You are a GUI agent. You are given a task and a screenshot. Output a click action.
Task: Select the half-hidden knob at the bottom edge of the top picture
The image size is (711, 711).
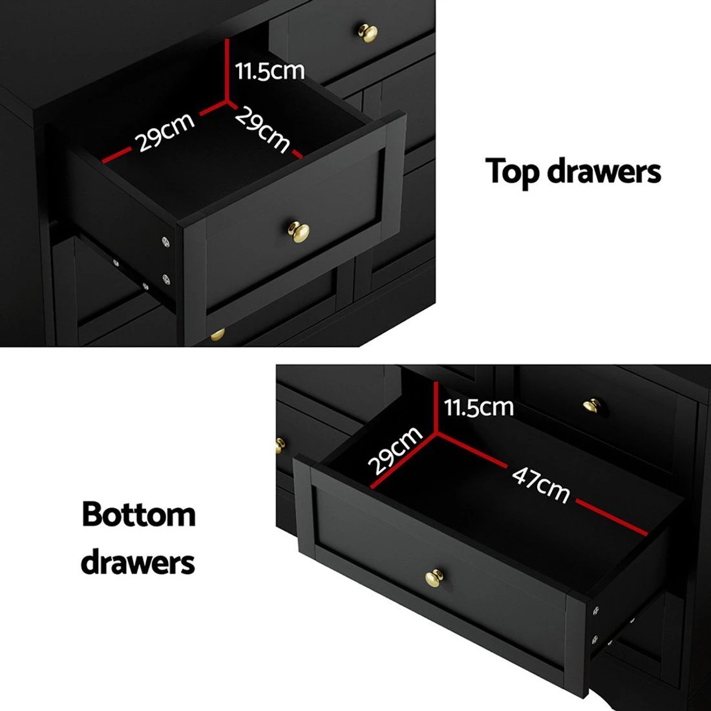[x=217, y=334]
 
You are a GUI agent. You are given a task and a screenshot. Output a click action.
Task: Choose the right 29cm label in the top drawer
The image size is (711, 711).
[x=262, y=130]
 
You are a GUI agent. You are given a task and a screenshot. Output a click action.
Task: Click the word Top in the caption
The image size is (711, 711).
[x=514, y=172]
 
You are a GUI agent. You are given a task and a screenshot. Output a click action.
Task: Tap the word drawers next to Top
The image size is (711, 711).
[x=604, y=172]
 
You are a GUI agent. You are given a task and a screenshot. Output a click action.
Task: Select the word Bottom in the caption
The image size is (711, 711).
[x=138, y=515]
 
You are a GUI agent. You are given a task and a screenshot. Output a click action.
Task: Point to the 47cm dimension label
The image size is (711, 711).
[x=541, y=483]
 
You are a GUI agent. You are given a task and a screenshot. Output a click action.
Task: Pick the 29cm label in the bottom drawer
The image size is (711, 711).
[x=394, y=450]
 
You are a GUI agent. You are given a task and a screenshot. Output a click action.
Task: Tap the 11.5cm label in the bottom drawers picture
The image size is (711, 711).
[x=479, y=407]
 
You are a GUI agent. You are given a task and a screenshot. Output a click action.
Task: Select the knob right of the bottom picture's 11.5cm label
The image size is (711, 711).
[x=590, y=405]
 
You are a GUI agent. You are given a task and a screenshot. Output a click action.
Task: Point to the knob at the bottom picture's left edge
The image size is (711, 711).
[x=280, y=445]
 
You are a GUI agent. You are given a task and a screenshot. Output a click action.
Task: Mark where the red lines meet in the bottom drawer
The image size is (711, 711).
[x=436, y=429]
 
